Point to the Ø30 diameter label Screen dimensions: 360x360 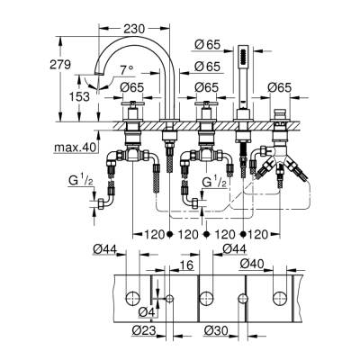click(x=213, y=329)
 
